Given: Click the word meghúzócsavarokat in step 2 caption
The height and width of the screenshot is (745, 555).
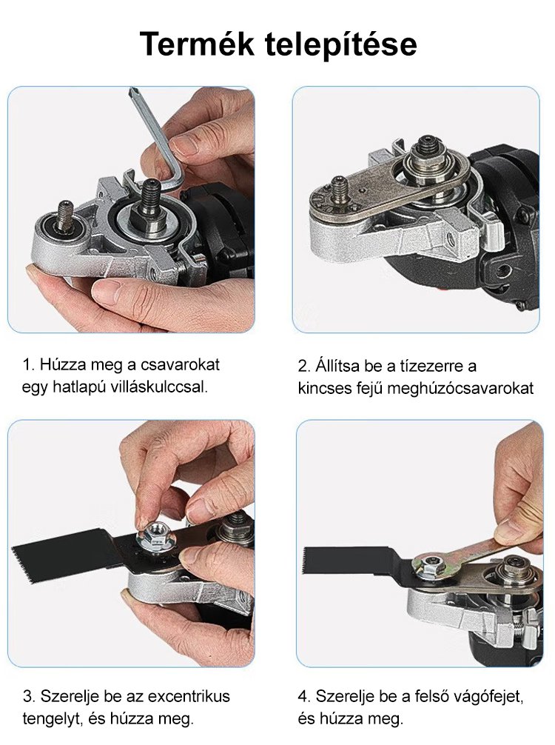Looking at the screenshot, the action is coord(460,388).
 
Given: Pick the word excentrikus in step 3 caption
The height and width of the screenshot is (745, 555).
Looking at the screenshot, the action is coord(189,697).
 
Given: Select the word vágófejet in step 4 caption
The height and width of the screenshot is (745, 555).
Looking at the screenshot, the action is coord(488,697).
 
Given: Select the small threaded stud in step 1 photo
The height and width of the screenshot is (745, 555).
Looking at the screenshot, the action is coord(66,216).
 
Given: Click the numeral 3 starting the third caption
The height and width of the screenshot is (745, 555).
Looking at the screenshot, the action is coord(27,697).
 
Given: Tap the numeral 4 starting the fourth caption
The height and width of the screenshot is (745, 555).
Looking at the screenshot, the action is coord(303,697).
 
